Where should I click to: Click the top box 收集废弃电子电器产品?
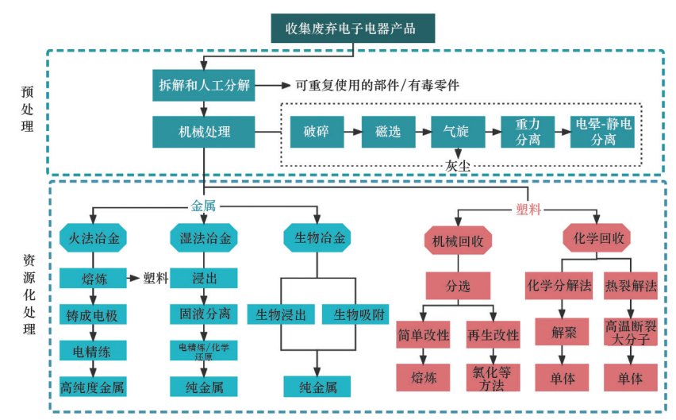[352, 29]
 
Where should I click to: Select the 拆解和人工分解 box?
[203, 85]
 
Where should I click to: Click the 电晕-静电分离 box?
[604, 132]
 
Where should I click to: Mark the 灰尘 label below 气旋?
[458, 166]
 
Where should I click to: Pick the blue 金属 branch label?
[203, 206]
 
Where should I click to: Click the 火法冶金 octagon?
[93, 237]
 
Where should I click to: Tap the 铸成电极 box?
[93, 315]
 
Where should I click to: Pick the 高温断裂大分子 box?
[632, 333]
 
